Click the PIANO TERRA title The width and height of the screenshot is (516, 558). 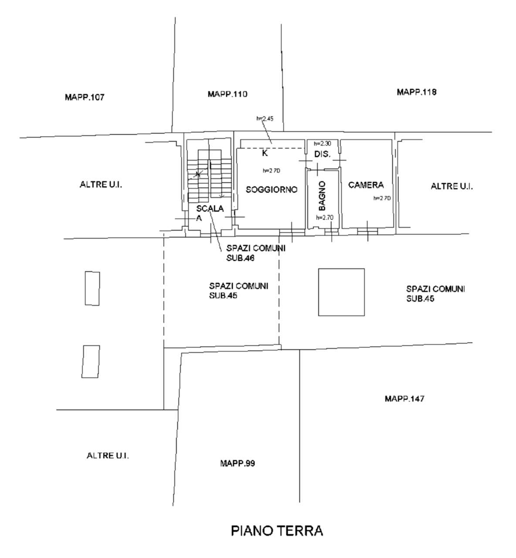(277, 531)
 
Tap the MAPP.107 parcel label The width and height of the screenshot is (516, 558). (85, 97)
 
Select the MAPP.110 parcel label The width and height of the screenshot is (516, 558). (227, 94)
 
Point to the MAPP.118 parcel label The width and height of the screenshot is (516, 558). (417, 92)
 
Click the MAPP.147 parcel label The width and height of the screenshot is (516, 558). (404, 398)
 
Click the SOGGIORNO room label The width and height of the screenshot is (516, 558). (272, 190)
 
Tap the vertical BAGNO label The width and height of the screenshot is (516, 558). (322, 196)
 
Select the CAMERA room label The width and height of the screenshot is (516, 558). (366, 185)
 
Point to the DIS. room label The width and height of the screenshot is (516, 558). (322, 154)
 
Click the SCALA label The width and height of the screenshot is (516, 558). (210, 208)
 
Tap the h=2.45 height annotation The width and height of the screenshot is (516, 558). (265, 118)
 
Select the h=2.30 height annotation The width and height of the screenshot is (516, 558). (322, 143)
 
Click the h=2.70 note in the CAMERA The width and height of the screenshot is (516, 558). (382, 198)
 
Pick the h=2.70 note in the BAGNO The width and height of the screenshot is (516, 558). (324, 218)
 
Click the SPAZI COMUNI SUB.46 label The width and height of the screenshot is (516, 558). (256, 253)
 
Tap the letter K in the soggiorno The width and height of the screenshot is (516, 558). (265, 153)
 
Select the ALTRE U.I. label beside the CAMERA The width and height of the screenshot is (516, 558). (451, 186)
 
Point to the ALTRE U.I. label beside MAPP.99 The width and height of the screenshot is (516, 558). (108, 456)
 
